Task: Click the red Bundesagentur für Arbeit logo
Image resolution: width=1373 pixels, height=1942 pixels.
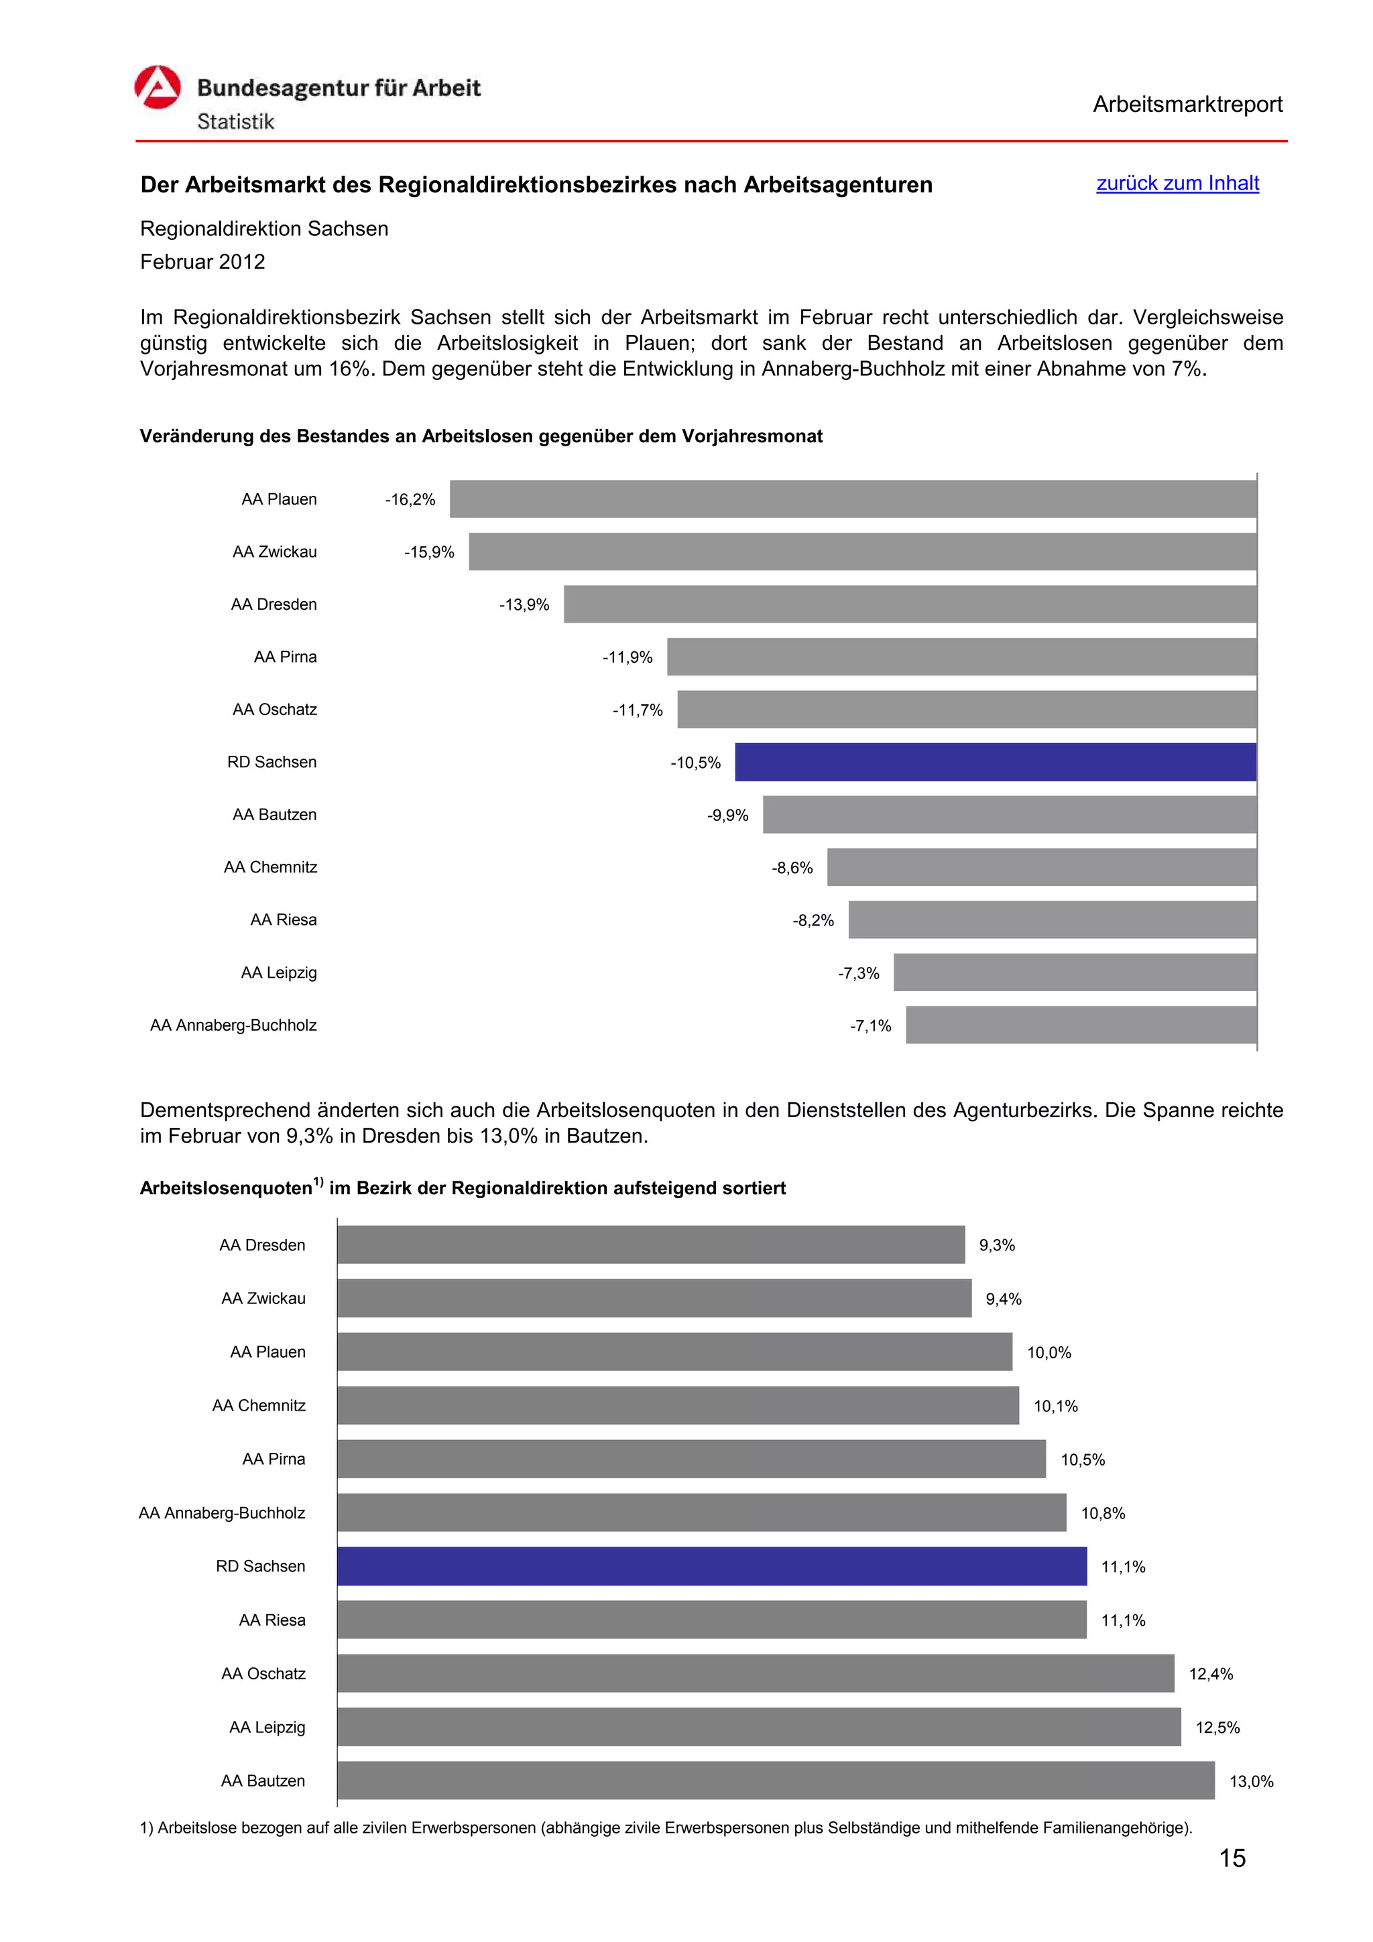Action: pyautogui.click(x=158, y=88)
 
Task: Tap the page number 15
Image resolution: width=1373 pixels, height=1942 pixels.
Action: pyautogui.click(x=1232, y=1858)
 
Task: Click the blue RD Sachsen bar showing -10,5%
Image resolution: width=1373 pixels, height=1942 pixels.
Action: pyautogui.click(x=995, y=762)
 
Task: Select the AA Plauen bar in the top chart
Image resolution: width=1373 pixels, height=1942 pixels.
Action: pyautogui.click(x=853, y=499)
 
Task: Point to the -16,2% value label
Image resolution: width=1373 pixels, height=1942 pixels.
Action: pyautogui.click(x=410, y=500)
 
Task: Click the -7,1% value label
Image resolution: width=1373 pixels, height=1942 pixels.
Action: pyautogui.click(x=870, y=1026)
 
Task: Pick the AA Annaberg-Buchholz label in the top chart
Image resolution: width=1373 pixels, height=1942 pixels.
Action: pyautogui.click(x=233, y=1025)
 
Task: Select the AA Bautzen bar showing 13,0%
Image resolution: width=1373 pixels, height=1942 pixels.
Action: pyautogui.click(x=776, y=1781)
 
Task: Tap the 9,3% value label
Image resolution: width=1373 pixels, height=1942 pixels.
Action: pyautogui.click(x=996, y=1245)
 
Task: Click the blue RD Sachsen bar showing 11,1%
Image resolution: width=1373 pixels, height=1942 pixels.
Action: pyautogui.click(x=711, y=1567)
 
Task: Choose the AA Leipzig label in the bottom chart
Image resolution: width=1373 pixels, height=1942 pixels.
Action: pyautogui.click(x=267, y=1727)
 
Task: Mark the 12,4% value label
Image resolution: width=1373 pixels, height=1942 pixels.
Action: pyautogui.click(x=1211, y=1674)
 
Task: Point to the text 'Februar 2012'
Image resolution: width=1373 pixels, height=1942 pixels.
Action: pyautogui.click(x=203, y=262)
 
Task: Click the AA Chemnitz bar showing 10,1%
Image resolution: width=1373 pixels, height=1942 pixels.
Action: pyautogui.click(x=678, y=1406)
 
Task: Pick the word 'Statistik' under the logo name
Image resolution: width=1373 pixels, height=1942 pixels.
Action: pyautogui.click(x=236, y=122)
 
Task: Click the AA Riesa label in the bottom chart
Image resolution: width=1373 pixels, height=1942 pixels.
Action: pyautogui.click(x=272, y=1620)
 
